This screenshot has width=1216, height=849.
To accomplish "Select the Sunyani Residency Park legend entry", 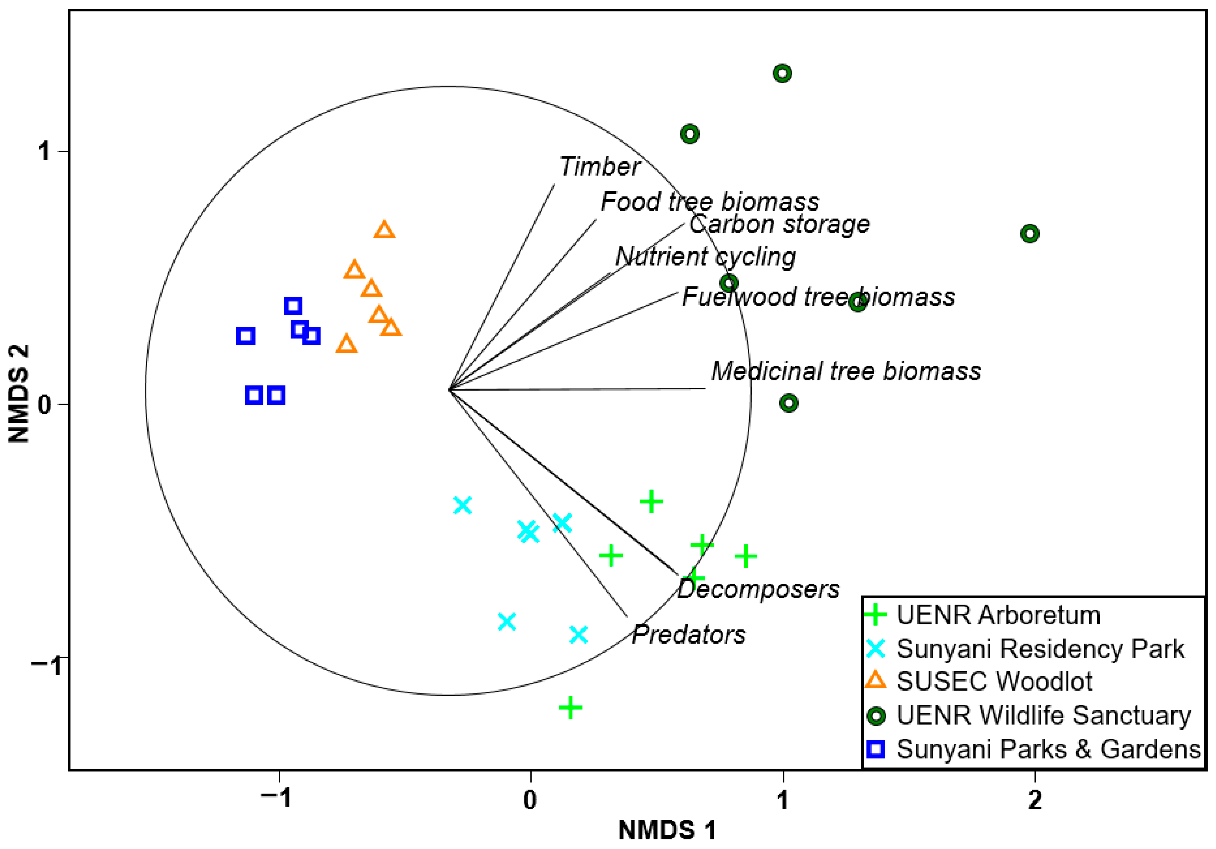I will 1040,649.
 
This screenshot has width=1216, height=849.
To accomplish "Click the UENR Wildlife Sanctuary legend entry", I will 1043,716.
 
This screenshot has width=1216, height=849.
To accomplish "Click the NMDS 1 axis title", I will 667,830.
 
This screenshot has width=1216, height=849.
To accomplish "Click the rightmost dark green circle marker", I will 1029,234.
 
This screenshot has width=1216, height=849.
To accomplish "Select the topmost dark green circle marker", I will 782,73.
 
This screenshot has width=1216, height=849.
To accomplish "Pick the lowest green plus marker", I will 570,707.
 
